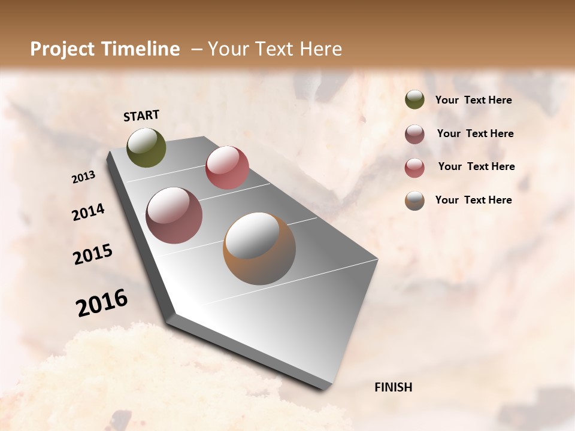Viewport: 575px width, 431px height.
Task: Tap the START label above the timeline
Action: click(141, 116)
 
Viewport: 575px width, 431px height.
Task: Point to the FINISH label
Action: click(393, 387)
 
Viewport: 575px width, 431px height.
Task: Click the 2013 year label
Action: click(84, 177)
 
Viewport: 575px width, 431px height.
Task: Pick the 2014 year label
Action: click(89, 213)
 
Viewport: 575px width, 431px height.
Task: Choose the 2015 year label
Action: click(93, 254)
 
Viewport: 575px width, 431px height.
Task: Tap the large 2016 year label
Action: click(102, 303)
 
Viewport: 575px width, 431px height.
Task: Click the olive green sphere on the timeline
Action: click(147, 147)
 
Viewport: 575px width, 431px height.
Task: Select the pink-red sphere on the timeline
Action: click(227, 168)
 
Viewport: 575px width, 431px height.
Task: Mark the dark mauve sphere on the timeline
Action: click(174, 215)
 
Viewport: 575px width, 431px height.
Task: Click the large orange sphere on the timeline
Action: click(259, 248)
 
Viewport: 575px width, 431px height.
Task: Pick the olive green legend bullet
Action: click(414, 100)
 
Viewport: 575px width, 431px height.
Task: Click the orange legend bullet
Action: click(414, 201)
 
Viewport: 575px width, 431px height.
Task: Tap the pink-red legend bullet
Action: click(414, 168)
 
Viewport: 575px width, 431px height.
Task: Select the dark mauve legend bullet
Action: click(414, 134)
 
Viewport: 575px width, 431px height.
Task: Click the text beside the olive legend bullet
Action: click(473, 101)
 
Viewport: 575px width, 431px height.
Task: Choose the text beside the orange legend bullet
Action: click(473, 200)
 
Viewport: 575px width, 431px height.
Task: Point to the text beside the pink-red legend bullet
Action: click(476, 166)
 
